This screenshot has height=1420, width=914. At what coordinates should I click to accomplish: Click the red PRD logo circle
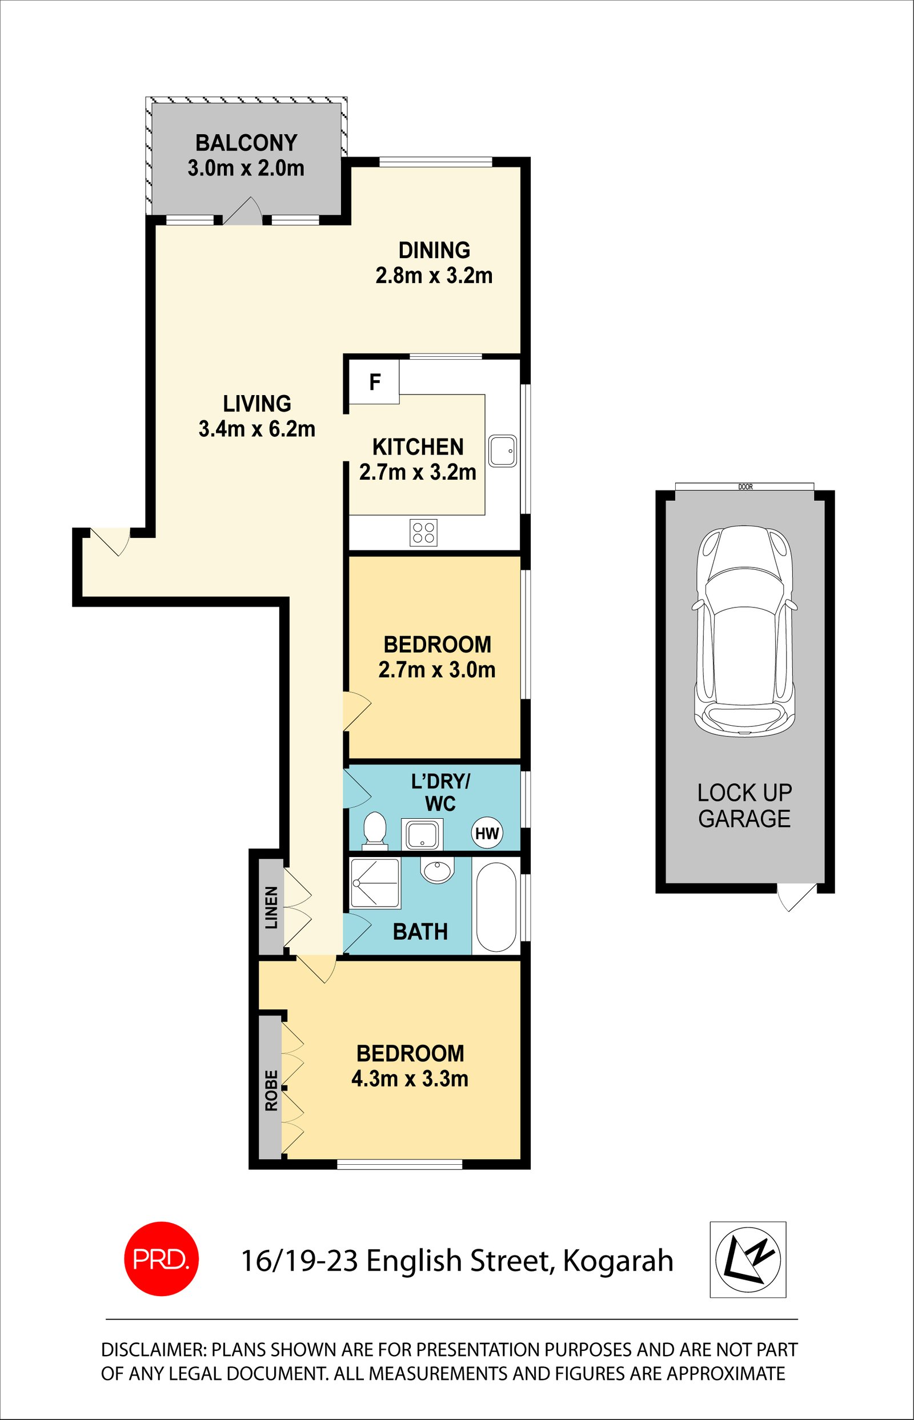click(161, 1259)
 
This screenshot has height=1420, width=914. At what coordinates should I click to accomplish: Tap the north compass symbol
click(748, 1259)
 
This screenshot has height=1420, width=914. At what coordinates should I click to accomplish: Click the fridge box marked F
click(374, 383)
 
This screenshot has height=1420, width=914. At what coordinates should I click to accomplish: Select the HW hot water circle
click(487, 834)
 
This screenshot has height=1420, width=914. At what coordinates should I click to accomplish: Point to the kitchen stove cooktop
click(423, 532)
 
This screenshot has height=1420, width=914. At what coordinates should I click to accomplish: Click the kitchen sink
click(503, 451)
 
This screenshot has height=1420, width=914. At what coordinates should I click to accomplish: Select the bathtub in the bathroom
click(496, 907)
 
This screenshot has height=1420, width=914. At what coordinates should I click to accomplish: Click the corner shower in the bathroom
click(375, 883)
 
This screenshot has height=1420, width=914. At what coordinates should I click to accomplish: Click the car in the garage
click(745, 631)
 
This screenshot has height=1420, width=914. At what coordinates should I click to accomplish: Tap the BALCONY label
click(246, 143)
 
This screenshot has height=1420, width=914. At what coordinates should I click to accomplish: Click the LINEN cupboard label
click(271, 907)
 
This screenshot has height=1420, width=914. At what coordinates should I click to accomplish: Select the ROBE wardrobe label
click(271, 1090)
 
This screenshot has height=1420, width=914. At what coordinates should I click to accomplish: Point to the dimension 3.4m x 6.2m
click(256, 429)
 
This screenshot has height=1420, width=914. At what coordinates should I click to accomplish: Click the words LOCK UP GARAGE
click(744, 806)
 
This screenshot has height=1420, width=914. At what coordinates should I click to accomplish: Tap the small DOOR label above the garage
click(745, 487)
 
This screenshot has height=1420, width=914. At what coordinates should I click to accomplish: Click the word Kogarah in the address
click(618, 1261)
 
